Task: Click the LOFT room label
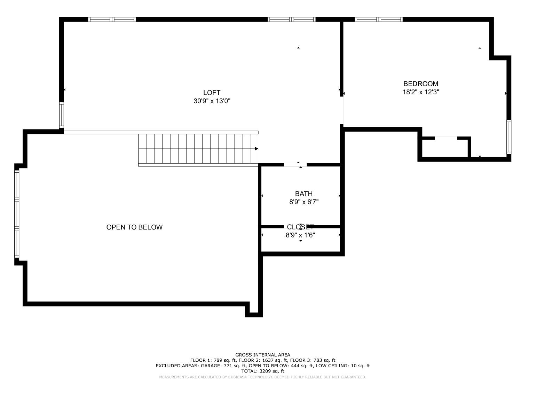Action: pos(212,93)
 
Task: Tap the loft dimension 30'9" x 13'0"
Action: pos(212,101)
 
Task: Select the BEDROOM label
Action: pos(420,84)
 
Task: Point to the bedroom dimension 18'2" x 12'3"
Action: pos(421,92)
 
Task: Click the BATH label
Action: pos(303,194)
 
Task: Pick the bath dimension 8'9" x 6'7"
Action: pos(303,202)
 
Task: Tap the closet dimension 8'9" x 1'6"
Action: pos(300,235)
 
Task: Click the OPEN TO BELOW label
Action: pos(134,227)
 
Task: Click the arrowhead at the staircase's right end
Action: pos(256,149)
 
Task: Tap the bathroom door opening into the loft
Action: pos(295,165)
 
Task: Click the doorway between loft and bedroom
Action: pos(342,110)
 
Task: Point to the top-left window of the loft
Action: pos(112,19)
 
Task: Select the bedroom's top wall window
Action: pos(379,19)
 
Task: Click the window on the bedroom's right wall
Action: pos(508,137)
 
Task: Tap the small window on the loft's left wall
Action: pos(62,115)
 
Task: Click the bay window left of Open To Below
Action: pos(16,214)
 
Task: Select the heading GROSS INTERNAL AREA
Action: pos(262,355)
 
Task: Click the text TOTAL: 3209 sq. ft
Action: pos(262,371)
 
